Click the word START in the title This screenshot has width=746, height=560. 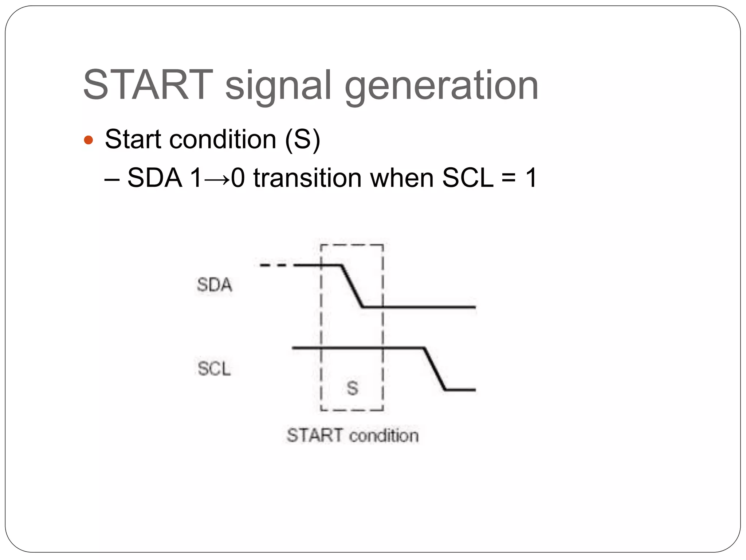tap(148, 85)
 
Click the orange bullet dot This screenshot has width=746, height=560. tap(89, 140)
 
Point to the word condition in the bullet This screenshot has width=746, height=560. tap(223, 139)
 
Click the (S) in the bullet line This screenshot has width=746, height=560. tap(302, 139)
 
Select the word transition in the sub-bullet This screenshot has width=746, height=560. tap(307, 178)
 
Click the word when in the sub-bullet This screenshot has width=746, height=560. tap(401, 178)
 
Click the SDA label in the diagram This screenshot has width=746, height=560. tap(214, 285)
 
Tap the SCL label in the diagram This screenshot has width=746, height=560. tap(214, 368)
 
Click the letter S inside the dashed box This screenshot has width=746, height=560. tap(352, 388)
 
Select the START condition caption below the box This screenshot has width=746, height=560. tap(352, 436)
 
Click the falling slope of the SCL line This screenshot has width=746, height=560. tap(435, 369)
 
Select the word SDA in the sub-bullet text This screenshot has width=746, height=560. tap(154, 178)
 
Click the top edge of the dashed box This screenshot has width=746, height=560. tap(352, 245)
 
